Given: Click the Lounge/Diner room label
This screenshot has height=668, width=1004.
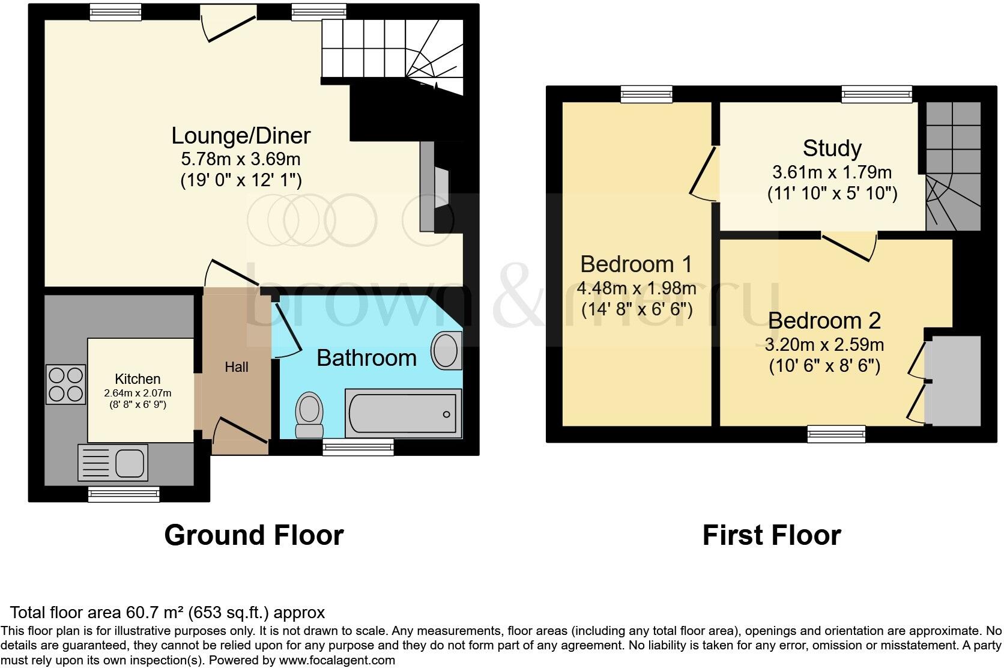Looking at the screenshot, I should pyautogui.click(x=241, y=135).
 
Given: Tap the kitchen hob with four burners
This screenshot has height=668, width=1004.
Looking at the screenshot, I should pyautogui.click(x=66, y=384).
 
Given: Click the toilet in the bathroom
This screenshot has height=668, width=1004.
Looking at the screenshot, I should pyautogui.click(x=310, y=414).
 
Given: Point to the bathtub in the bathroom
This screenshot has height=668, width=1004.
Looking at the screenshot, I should pyautogui.click(x=403, y=414).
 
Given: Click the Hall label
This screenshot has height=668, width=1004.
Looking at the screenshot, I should pyautogui.click(x=237, y=367).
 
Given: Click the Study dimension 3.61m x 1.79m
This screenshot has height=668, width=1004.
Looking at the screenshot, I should pyautogui.click(x=832, y=173).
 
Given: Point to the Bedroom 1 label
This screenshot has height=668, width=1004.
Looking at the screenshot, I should pyautogui.click(x=636, y=264).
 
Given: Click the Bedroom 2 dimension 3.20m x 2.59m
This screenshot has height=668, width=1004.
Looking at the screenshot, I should pyautogui.click(x=824, y=345).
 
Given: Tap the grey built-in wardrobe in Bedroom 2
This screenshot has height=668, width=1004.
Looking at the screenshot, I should pyautogui.click(x=952, y=380).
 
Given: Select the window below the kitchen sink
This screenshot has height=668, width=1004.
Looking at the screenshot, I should pyautogui.click(x=124, y=494).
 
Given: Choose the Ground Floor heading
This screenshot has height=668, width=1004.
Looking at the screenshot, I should pyautogui.click(x=253, y=535).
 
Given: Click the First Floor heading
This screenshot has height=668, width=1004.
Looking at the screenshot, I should pyautogui.click(x=771, y=535).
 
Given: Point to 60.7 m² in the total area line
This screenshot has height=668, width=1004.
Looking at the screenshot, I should pyautogui.click(x=154, y=613).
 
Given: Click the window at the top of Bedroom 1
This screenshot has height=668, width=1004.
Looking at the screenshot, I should pyautogui.click(x=646, y=94).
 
